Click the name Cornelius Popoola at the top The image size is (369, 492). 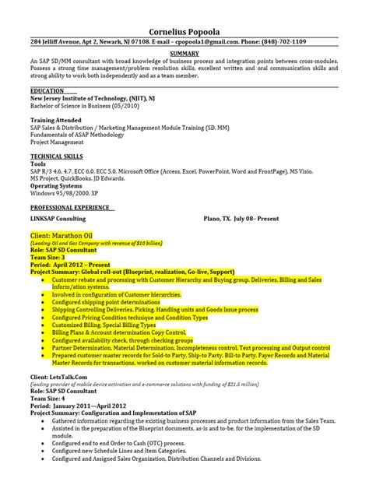pos(184,9)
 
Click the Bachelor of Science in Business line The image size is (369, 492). pos(86,107)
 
